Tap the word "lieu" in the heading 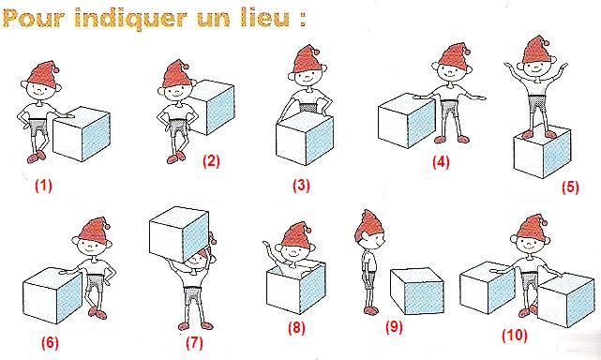(265, 17)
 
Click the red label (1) (43, 186)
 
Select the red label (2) (211, 160)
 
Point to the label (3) (301, 186)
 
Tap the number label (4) (441, 162)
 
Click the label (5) (570, 187)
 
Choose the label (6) (51, 342)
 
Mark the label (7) (194, 342)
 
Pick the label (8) (296, 328)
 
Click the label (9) (394, 327)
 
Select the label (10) (515, 335)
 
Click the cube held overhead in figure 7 (179, 233)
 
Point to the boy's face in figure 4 (453, 71)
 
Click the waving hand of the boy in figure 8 (266, 244)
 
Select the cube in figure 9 (417, 292)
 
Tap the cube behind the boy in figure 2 (212, 108)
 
